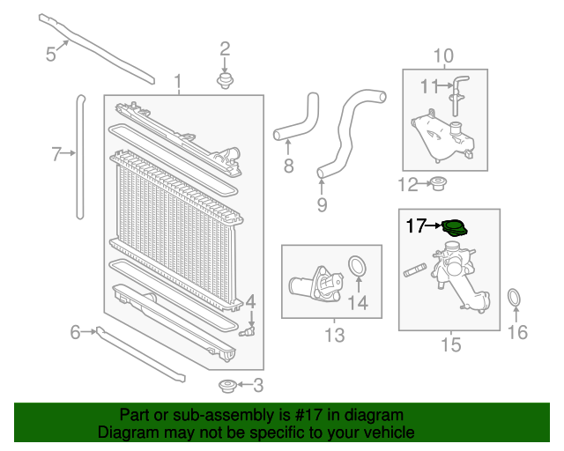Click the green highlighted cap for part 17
pyautogui.click(x=455, y=228)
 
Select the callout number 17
pyautogui.click(x=415, y=226)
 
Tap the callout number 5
pyautogui.click(x=51, y=55)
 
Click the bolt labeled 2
pyautogui.click(x=225, y=81)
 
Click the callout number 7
pyautogui.click(x=56, y=155)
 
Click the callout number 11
pyautogui.click(x=429, y=86)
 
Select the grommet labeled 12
pyautogui.click(x=438, y=184)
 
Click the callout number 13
pyautogui.click(x=334, y=335)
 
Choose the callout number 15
pyautogui.click(x=450, y=344)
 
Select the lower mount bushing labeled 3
pyautogui.click(x=226, y=385)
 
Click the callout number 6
pyautogui.click(x=76, y=332)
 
